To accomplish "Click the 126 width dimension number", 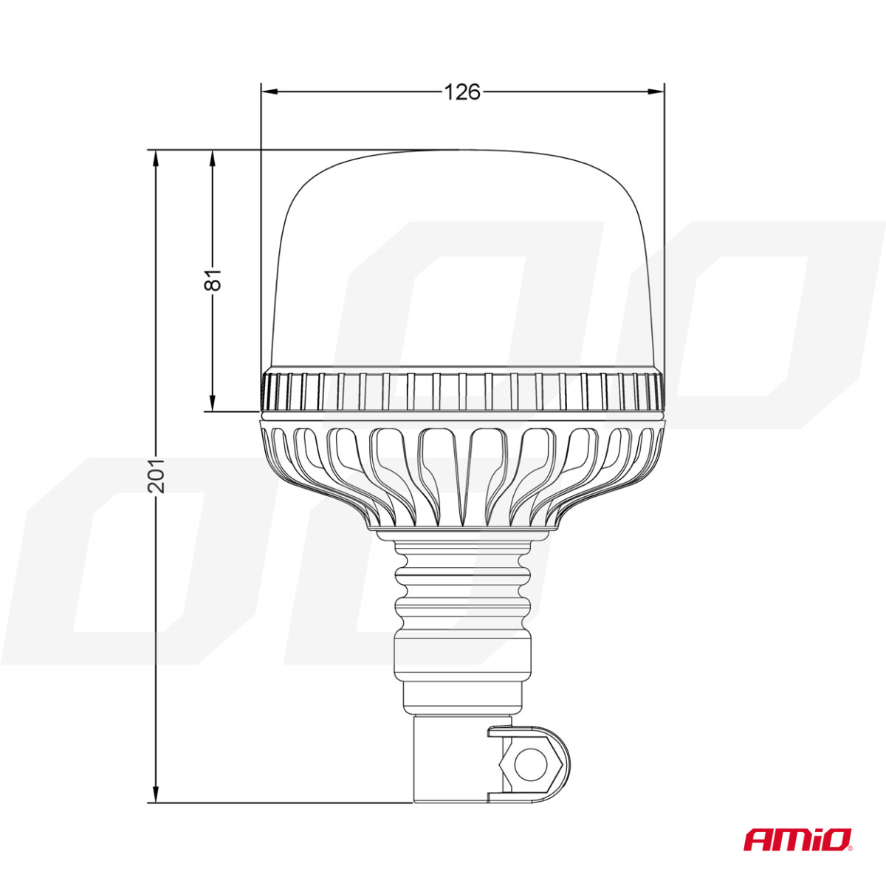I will point(462,92).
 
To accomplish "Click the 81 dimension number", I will point(213,281).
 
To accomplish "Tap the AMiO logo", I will point(797,839).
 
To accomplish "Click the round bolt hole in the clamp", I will point(529,765).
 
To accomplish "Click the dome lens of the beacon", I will point(462,258).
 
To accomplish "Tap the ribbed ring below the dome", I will point(462,391).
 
